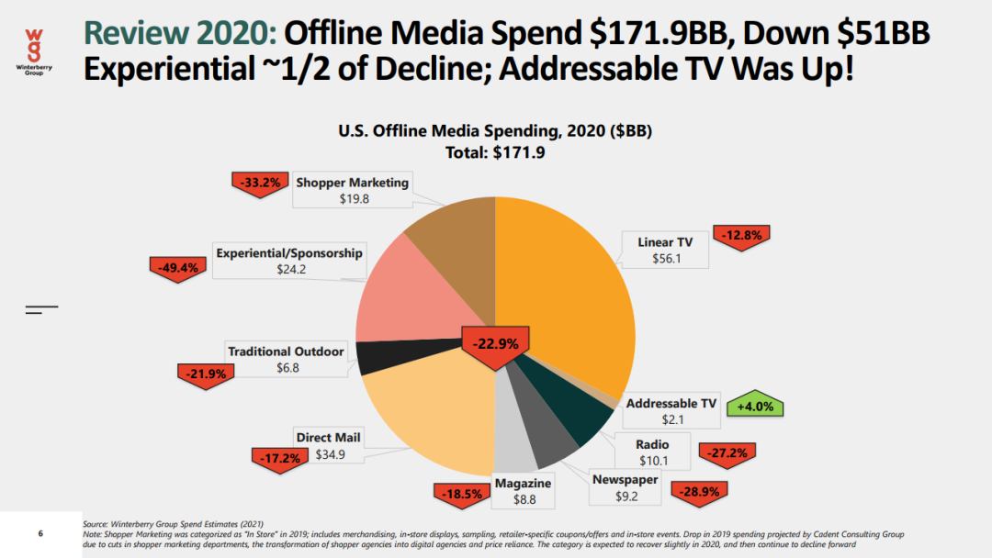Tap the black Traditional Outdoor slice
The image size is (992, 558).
click(x=372, y=357)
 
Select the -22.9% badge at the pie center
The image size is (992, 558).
click(x=495, y=345)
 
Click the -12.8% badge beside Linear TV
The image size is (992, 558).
click(x=742, y=235)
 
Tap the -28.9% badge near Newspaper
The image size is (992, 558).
click(x=698, y=491)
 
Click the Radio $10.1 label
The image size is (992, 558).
click(x=652, y=452)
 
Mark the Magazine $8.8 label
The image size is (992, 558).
click(x=523, y=491)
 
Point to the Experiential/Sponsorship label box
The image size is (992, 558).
click(x=289, y=261)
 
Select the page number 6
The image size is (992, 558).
click(x=39, y=533)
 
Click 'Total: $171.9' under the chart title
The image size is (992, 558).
click(x=494, y=152)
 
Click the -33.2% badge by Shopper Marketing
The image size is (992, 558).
click(x=260, y=182)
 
